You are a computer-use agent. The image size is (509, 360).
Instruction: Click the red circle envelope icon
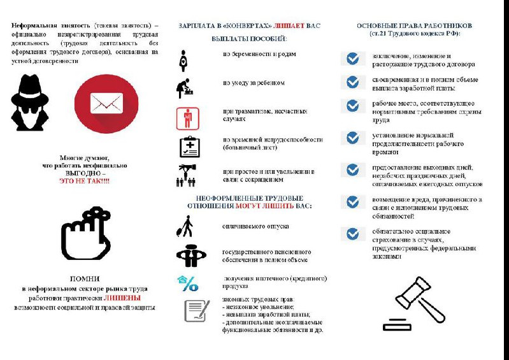[106, 103]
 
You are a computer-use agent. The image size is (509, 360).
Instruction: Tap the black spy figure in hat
[29, 103]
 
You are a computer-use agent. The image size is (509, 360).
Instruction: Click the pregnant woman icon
[183, 61]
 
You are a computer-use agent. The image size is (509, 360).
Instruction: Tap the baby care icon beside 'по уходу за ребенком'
[185, 88]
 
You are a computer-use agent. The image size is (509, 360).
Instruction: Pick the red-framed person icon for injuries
[187, 119]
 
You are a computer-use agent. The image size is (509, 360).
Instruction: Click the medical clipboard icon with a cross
[189, 147]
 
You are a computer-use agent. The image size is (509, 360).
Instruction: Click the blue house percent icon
[188, 283]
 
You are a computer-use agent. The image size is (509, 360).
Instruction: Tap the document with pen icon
[197, 310]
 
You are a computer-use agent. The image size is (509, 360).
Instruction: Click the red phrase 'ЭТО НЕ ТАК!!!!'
[84, 182]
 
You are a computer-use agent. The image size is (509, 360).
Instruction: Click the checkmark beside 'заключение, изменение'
[352, 59]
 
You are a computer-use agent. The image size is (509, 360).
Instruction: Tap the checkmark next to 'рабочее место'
[352, 106]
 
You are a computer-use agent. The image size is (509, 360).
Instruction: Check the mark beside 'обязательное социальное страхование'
[352, 234]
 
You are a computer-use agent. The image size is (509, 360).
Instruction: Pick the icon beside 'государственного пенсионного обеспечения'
[191, 256]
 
